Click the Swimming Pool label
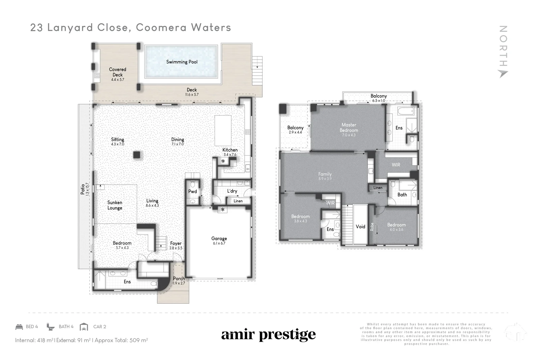pyautogui.click(x=182, y=62)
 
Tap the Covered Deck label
pyautogui.click(x=117, y=72)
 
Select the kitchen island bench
pyautogui.click(x=223, y=130)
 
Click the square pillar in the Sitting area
pyautogui.click(x=136, y=155)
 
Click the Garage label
pyautogui.click(x=219, y=239)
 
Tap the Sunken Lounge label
pyautogui.click(x=115, y=205)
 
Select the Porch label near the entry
pyautogui.click(x=179, y=279)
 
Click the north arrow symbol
pyautogui.click(x=503, y=74)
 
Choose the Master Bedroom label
pyautogui.click(x=349, y=128)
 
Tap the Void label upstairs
pyautogui.click(x=360, y=226)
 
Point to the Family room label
pyautogui.click(x=325, y=174)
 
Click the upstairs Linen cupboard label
pyautogui.click(x=378, y=188)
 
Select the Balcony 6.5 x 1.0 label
pyautogui.click(x=378, y=96)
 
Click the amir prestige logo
pyautogui.click(x=268, y=335)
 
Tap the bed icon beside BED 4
pyautogui.click(x=19, y=327)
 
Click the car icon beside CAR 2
pyautogui.click(x=84, y=327)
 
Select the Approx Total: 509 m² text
pyautogui.click(x=121, y=340)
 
